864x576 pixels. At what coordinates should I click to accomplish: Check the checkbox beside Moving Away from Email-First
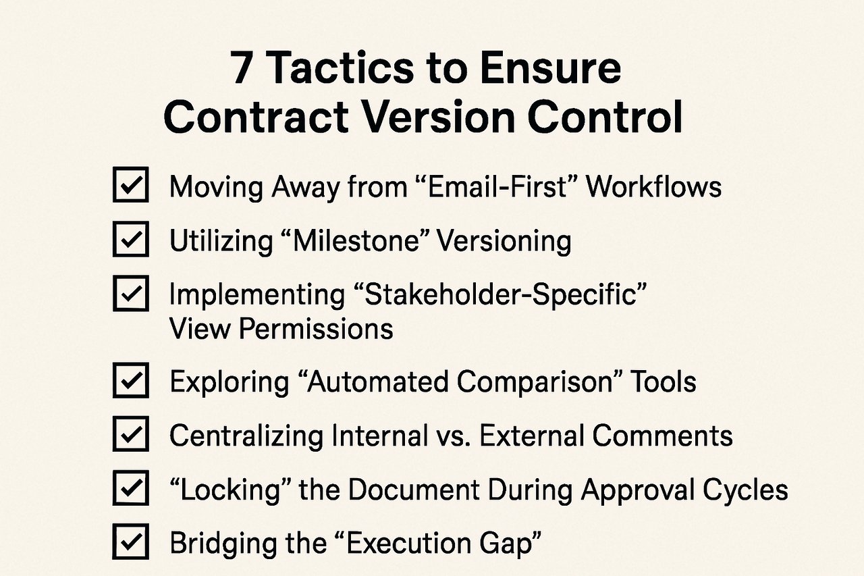[130, 186]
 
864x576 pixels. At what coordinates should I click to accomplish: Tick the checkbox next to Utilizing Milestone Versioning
[130, 240]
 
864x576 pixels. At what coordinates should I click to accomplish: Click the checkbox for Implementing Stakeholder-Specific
[130, 294]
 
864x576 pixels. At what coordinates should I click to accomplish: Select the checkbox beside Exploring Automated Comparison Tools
[130, 382]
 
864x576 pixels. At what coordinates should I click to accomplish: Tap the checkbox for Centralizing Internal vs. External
[130, 436]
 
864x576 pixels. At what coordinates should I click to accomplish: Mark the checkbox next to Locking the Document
[130, 490]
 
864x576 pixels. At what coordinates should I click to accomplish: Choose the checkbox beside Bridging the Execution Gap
[130, 542]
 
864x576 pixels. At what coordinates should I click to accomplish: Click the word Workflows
[653, 186]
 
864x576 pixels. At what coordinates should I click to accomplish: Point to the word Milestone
[358, 240]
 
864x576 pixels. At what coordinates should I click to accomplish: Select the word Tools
[663, 382]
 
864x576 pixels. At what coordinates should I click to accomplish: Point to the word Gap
[507, 544]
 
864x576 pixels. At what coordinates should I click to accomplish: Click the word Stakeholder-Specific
[499, 295]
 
